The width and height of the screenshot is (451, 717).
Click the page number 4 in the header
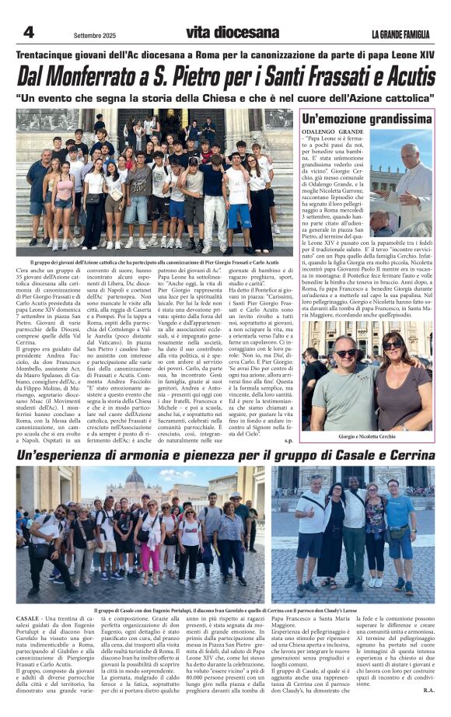28,32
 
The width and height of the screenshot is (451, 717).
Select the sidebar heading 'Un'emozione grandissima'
367,119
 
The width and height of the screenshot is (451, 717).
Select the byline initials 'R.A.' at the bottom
428,689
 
